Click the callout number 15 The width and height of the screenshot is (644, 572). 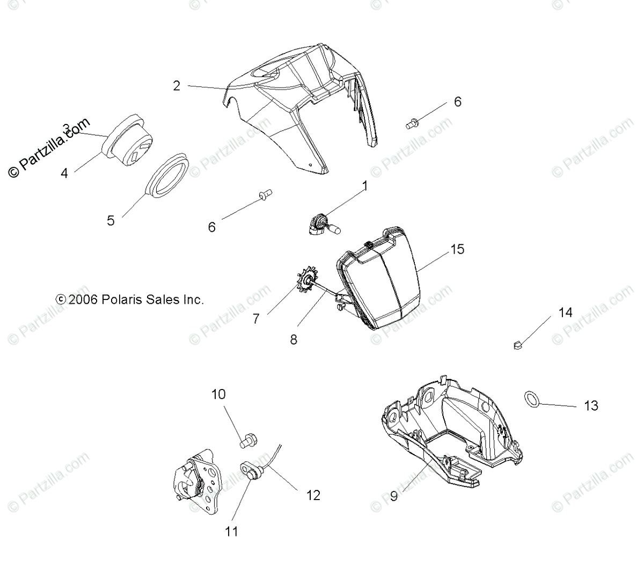tap(457, 250)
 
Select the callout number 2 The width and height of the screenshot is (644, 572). tap(177, 86)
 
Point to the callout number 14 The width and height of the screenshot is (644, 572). tap(566, 312)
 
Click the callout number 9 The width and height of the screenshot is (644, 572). tap(393, 496)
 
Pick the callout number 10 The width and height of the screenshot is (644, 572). tap(218, 394)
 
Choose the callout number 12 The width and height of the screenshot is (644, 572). tap(313, 495)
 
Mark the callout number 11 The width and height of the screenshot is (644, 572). tap(232, 531)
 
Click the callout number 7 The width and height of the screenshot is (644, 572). tap(256, 319)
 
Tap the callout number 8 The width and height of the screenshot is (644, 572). tap(294, 340)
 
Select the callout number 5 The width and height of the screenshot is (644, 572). tap(111, 221)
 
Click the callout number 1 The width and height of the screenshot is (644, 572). tap(365, 186)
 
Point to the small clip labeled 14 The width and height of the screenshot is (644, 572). tap(518, 345)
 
